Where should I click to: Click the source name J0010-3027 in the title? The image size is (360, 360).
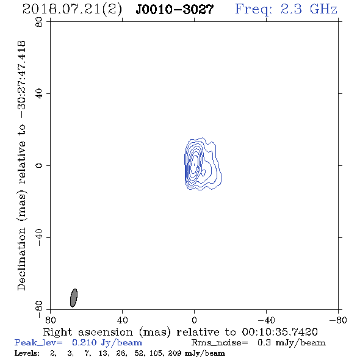coord(175,10)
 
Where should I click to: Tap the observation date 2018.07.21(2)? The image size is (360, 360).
coord(73,10)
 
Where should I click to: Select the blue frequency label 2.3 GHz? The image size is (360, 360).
coord(309,9)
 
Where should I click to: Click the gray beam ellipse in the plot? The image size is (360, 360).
coord(74,298)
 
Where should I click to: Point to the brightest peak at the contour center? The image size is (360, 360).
coord(194,164)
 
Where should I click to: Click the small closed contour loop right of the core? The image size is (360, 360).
coord(203,173)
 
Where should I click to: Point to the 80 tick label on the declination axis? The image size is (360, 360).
coord(39,22)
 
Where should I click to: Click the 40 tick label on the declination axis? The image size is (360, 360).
coord(39,94)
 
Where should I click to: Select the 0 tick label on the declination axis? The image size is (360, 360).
coord(39,165)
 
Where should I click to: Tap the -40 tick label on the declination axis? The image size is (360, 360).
coord(39,237)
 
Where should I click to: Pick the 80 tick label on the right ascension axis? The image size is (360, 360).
coord(50,320)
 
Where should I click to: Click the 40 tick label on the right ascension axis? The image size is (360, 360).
coord(122,320)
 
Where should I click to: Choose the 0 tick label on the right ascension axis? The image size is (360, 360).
coord(194,320)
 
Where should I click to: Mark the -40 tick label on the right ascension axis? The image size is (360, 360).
coord(266,320)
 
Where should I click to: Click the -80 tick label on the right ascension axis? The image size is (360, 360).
coord(338,320)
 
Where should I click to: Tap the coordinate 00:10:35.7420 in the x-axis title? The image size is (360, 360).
coord(279,332)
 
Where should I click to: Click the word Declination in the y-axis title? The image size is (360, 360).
coord(21,259)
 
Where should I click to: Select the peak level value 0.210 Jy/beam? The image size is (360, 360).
coord(107,343)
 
